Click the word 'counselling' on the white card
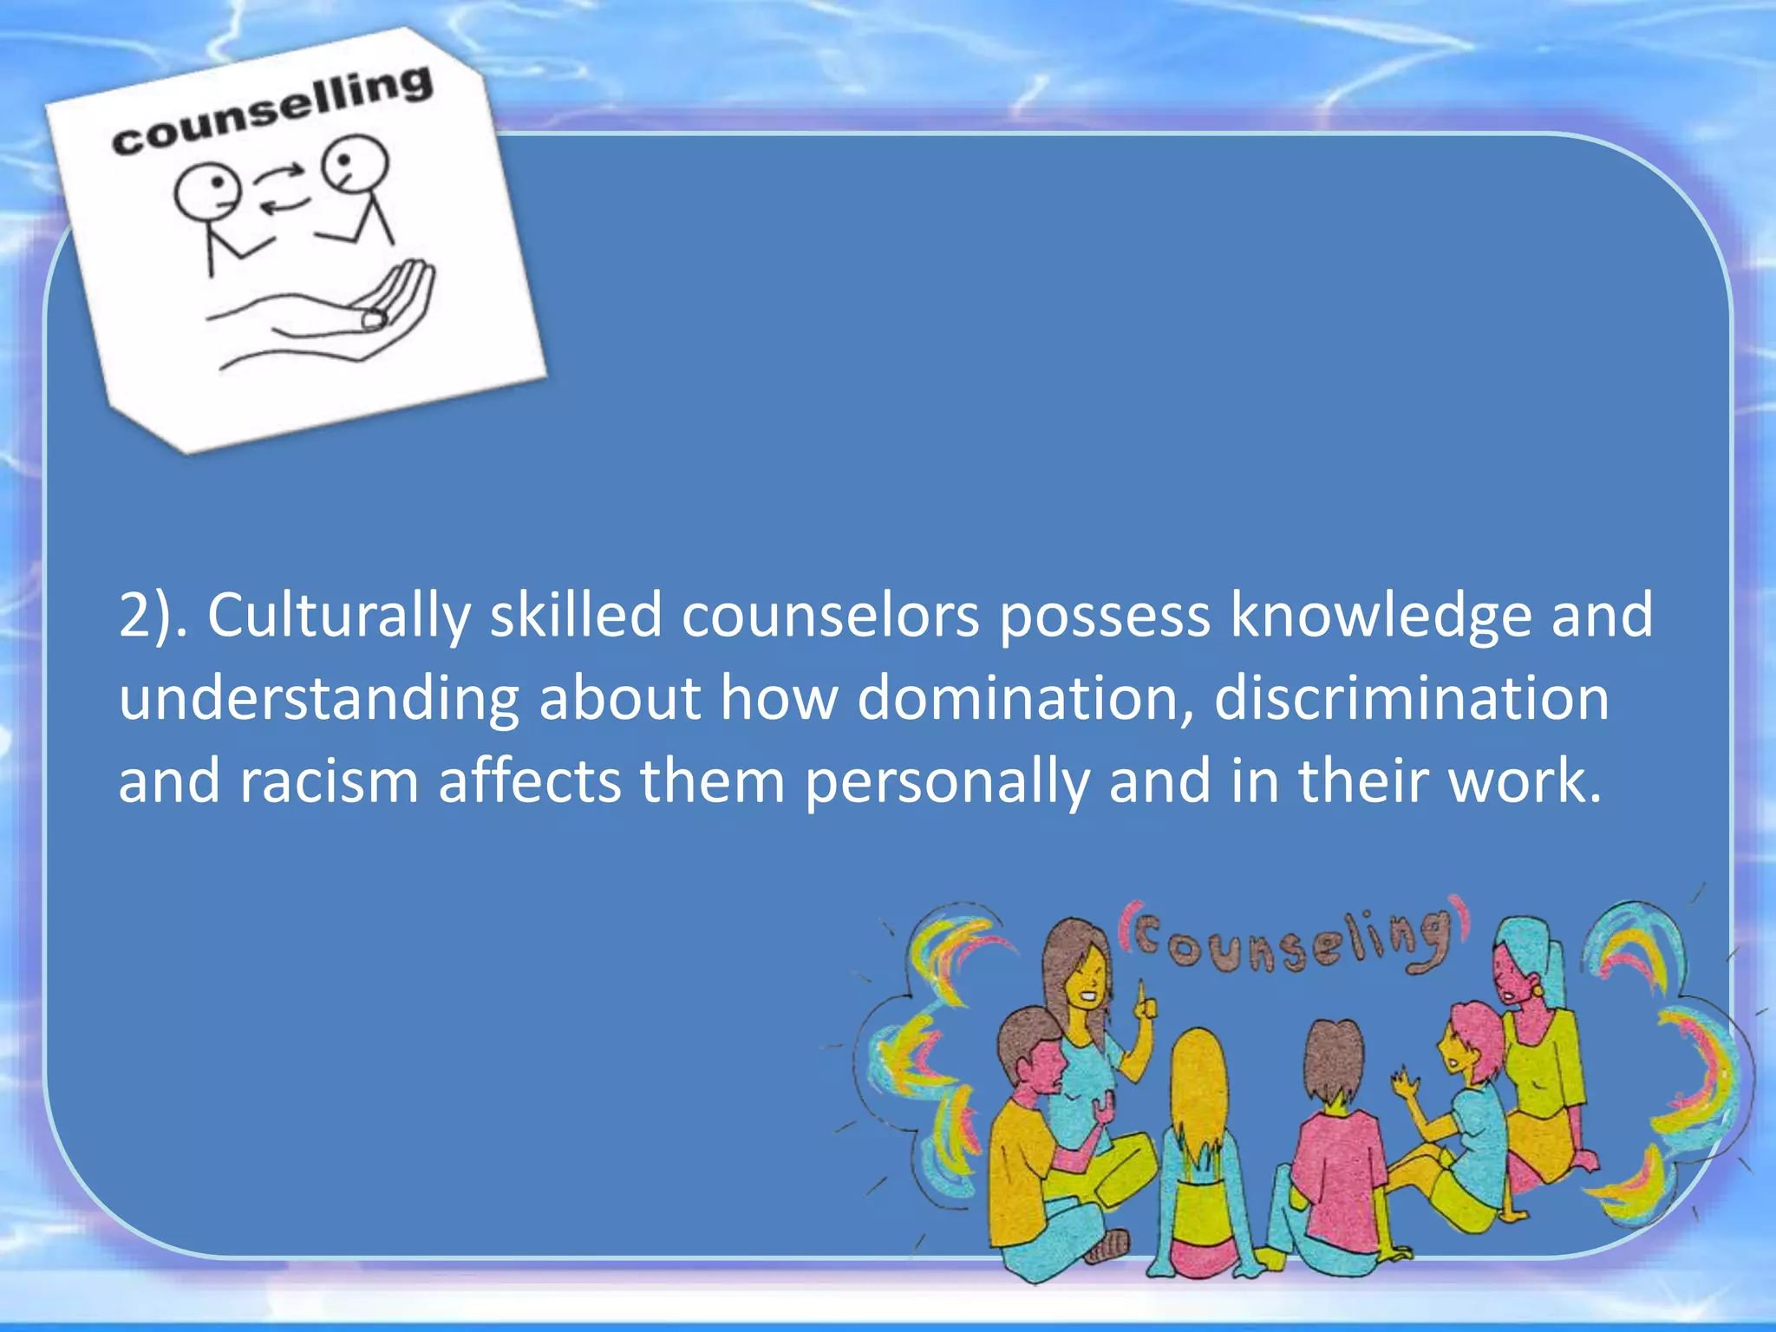click(x=271, y=111)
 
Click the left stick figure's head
click(x=207, y=191)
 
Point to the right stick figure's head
click(x=355, y=164)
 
